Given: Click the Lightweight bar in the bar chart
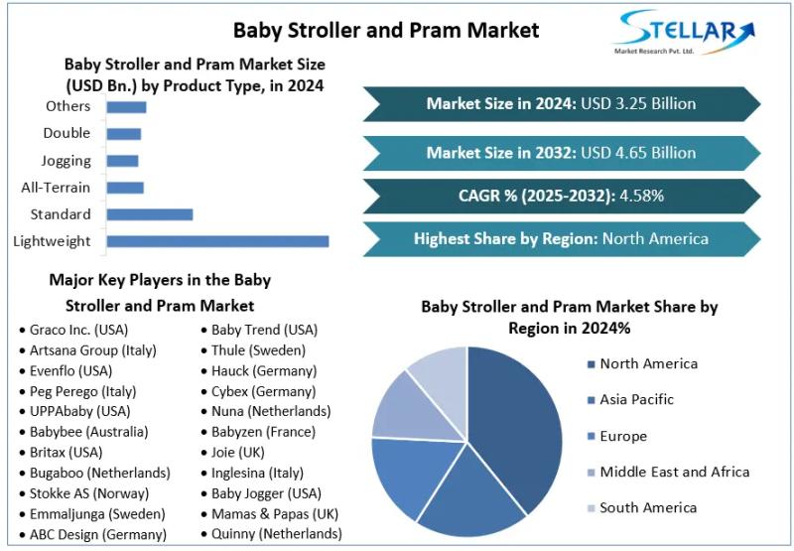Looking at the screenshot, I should click(216, 241).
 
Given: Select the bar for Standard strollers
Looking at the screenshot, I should click(149, 214).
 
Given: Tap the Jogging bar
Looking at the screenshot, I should click(122, 161).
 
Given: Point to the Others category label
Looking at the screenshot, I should click(67, 106).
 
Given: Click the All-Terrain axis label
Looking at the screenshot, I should click(56, 188).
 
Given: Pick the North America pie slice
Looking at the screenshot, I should click(516, 417).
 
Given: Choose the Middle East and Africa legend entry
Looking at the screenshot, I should click(674, 472).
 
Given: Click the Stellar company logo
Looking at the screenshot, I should click(685, 36).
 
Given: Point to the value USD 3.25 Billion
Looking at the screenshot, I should click(639, 104).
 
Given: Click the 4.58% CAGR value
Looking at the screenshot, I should click(641, 196).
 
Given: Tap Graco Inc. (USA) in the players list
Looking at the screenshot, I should click(78, 330).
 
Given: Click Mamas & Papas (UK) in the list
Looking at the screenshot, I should click(275, 514).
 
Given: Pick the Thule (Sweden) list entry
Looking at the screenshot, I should click(258, 350).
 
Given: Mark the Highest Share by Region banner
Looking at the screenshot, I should click(561, 238).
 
